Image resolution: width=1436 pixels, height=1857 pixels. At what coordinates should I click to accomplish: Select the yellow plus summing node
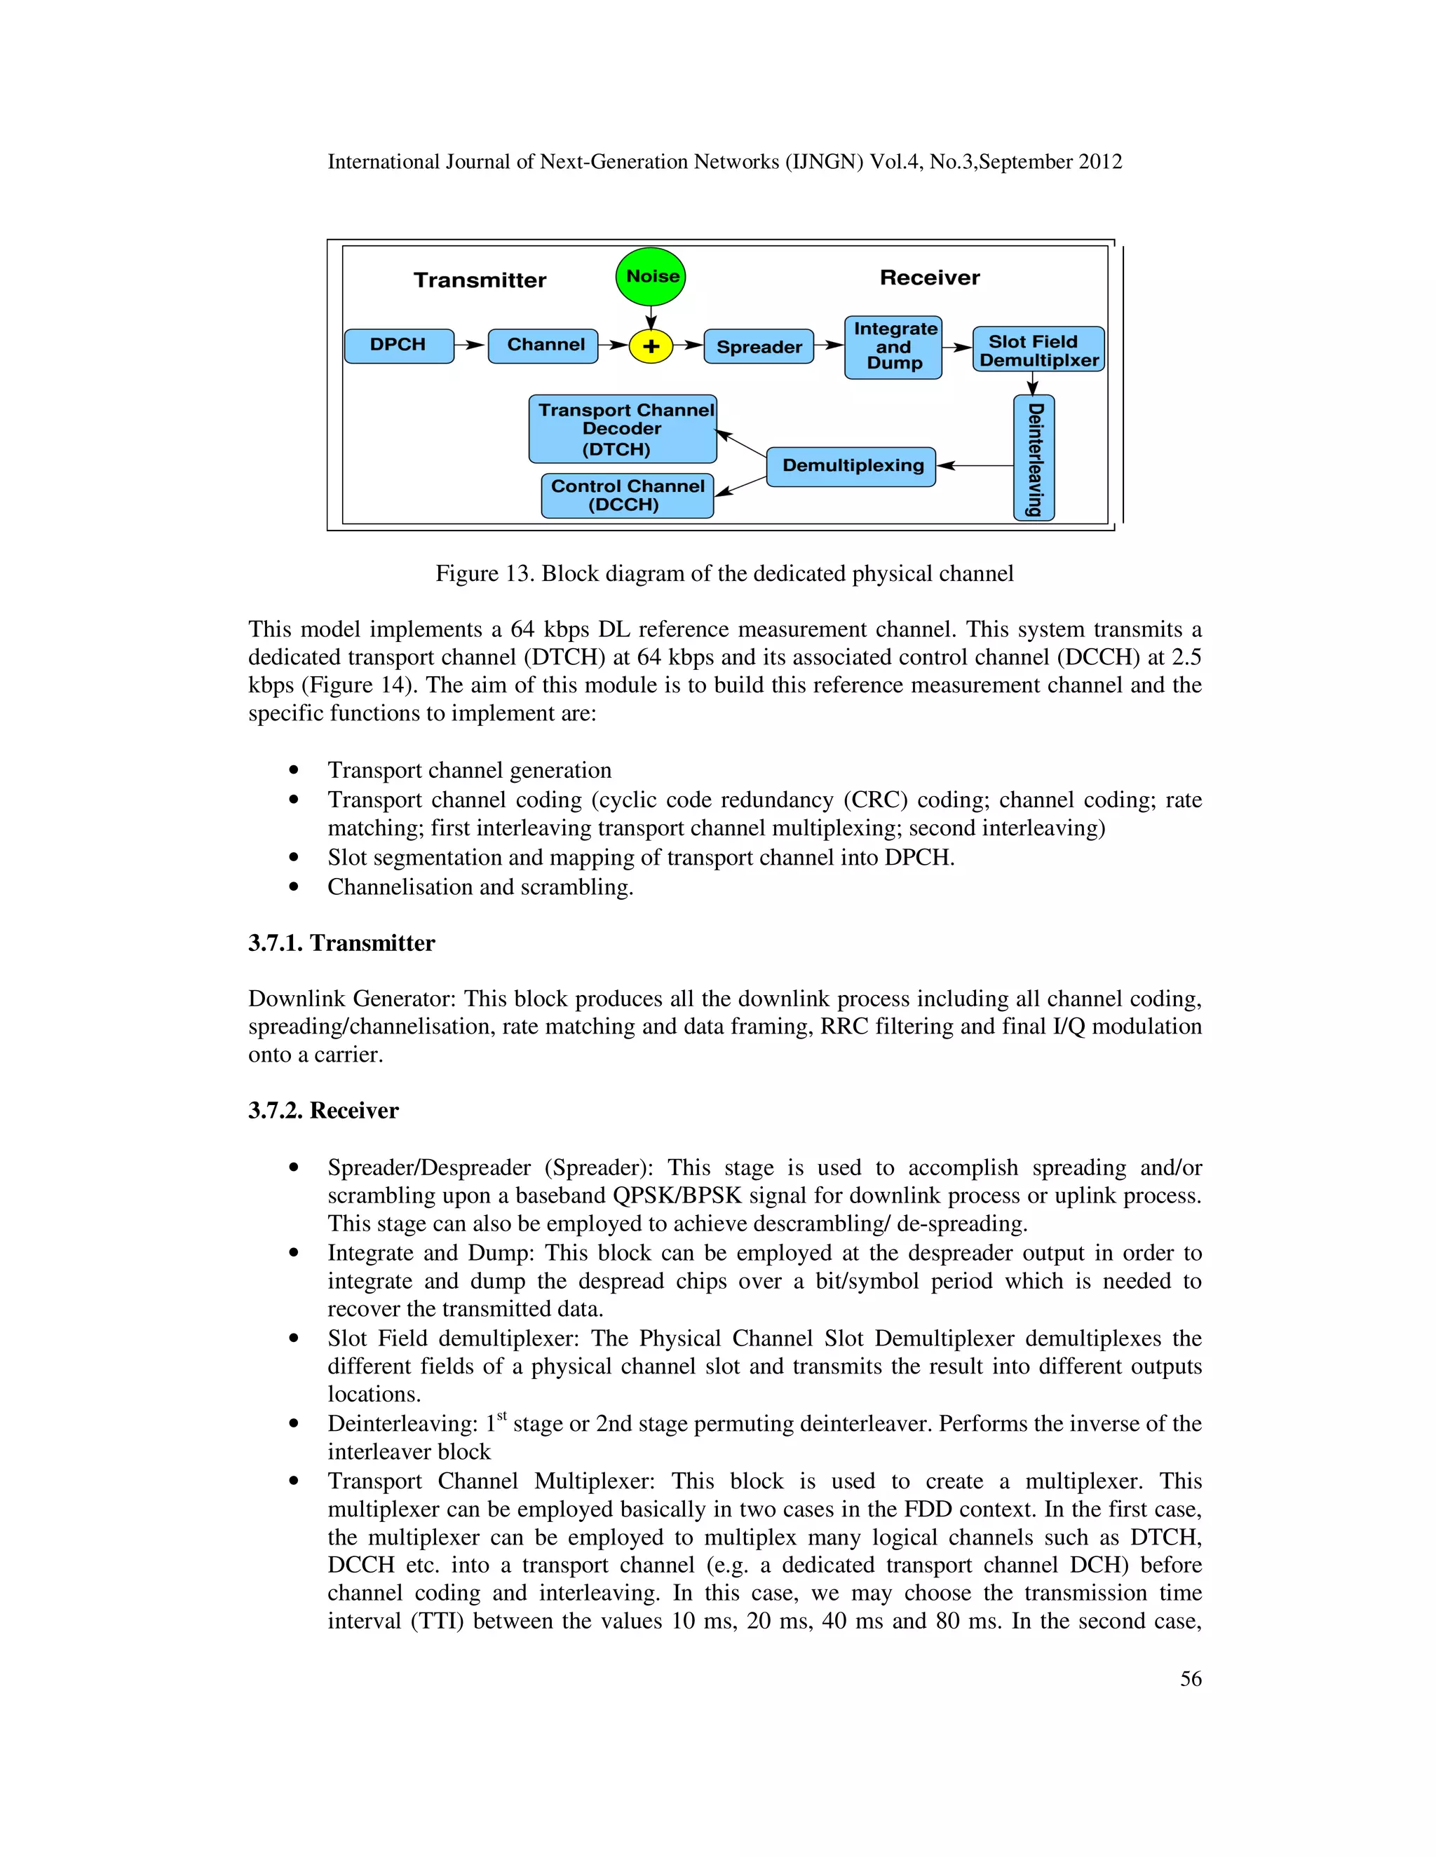pyautogui.click(x=651, y=347)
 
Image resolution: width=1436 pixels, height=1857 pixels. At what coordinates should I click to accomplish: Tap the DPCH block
pyautogui.click(x=399, y=346)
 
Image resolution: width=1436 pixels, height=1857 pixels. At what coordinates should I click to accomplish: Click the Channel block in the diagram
pyautogui.click(x=543, y=346)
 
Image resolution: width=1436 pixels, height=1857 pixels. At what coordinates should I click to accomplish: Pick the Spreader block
pyautogui.click(x=759, y=347)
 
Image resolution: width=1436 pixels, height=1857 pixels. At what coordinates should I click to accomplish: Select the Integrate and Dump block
pyautogui.click(x=893, y=347)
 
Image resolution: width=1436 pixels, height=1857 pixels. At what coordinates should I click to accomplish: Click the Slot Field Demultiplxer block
pyautogui.click(x=1038, y=350)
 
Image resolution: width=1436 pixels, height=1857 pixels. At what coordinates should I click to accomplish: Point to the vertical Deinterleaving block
pyautogui.click(x=1034, y=458)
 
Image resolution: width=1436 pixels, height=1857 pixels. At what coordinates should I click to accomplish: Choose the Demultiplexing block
pyautogui.click(x=851, y=467)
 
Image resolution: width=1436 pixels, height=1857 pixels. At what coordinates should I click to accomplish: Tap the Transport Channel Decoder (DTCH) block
pyautogui.click(x=623, y=430)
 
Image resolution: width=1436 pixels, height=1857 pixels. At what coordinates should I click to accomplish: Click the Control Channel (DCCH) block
pyautogui.click(x=628, y=495)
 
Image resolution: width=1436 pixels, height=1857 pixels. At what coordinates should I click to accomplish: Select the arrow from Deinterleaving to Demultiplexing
pyautogui.click(x=975, y=466)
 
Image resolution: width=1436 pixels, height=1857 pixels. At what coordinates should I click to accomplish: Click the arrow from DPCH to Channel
pyautogui.click(x=470, y=346)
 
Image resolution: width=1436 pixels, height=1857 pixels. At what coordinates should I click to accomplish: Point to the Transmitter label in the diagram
pyautogui.click(x=480, y=280)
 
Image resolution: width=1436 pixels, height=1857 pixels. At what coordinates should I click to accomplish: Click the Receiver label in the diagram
pyautogui.click(x=929, y=278)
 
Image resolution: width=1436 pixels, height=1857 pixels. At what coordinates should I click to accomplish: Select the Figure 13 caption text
pyautogui.click(x=724, y=574)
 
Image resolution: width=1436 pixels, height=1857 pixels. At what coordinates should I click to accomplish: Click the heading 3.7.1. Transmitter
pyautogui.click(x=341, y=943)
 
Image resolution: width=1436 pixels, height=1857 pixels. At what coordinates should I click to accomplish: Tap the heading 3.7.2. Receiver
pyautogui.click(x=323, y=1111)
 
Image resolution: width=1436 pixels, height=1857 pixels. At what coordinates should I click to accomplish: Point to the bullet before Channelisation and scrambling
pyautogui.click(x=294, y=887)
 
